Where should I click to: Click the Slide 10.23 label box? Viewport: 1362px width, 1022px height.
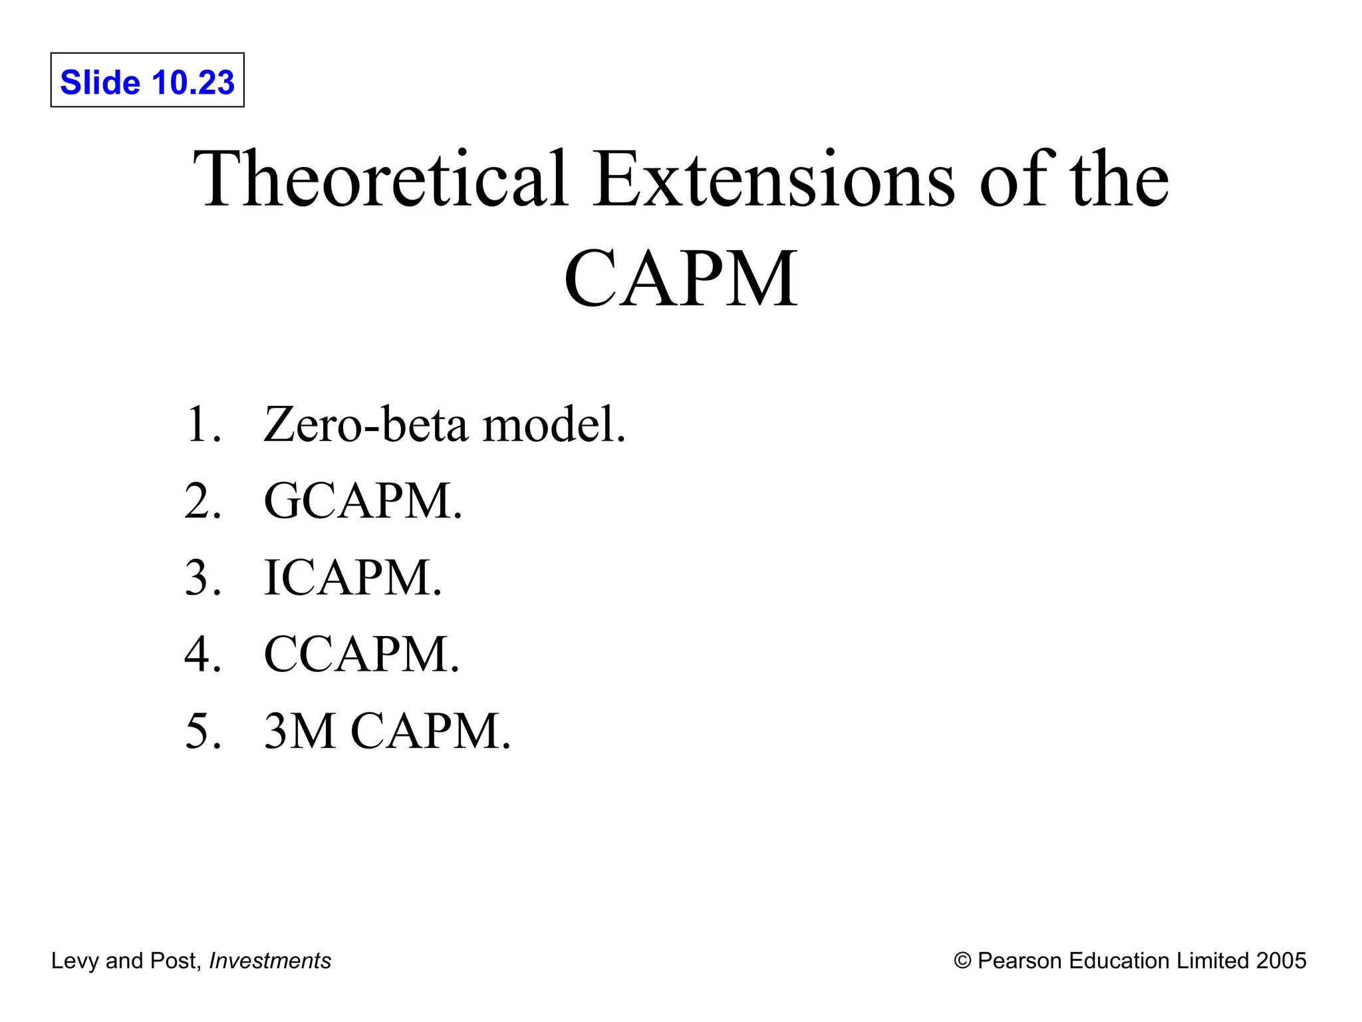147,81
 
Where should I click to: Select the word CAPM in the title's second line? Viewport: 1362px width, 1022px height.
680,279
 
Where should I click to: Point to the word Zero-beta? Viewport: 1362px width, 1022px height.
366,425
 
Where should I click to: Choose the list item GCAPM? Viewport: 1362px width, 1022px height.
362,501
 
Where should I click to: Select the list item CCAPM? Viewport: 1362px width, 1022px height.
361,654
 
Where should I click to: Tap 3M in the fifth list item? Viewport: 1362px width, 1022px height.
299,731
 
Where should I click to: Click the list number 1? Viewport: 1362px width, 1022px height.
201,425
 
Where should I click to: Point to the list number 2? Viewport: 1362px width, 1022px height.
202,501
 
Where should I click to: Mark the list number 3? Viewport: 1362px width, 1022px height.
202,578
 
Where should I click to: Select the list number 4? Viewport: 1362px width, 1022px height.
202,654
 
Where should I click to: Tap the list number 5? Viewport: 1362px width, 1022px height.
202,731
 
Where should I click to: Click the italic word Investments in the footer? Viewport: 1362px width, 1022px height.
270,961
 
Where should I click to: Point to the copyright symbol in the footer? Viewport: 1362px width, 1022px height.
962,961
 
